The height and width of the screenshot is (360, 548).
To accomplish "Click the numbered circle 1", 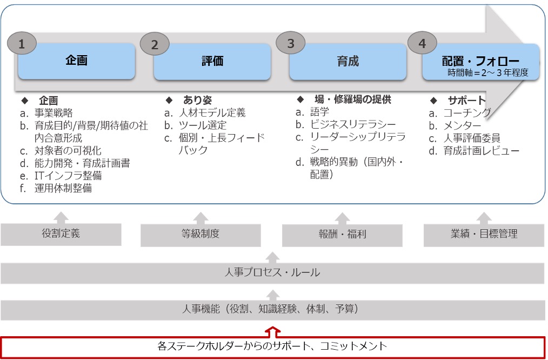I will coord(22,44).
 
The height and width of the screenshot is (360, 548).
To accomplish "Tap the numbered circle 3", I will coord(291,44).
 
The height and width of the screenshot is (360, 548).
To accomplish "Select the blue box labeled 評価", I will coord(212,61).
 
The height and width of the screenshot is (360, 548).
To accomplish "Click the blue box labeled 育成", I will coord(347,61).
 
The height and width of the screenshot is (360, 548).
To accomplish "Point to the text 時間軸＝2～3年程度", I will coord(487,72).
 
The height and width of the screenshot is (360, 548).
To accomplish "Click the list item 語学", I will coord(319,112).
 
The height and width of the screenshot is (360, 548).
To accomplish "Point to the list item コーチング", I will coord(467,113).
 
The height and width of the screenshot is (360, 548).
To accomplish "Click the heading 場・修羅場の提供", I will coord(352,99).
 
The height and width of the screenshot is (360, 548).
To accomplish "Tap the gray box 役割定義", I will coord(61,234).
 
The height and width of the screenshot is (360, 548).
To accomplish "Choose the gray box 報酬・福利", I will coord(342,234).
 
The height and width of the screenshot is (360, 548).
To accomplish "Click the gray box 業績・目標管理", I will coord(484,234).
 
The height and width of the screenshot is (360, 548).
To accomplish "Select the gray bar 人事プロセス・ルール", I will coord(272,272).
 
